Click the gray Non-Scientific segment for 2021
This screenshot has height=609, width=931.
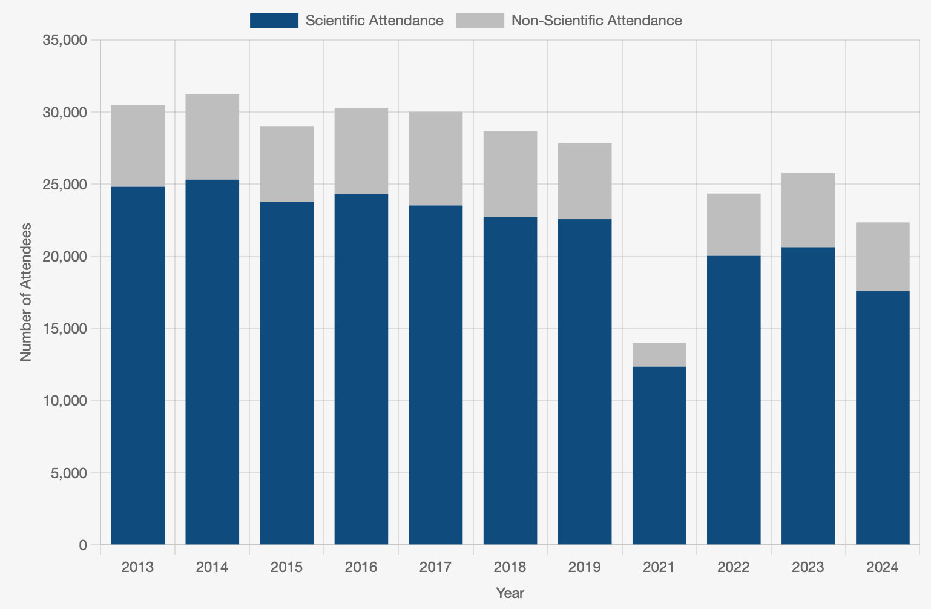(659, 355)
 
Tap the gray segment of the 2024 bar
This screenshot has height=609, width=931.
(883, 257)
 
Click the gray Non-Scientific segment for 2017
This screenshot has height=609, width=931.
(436, 159)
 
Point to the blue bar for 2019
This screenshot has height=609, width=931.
(585, 381)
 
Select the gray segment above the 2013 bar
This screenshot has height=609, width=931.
(138, 146)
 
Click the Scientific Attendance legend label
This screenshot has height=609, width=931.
(374, 21)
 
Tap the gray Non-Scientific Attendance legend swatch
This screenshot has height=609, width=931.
(480, 21)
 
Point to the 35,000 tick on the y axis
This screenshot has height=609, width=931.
(65, 41)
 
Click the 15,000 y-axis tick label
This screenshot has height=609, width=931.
(65, 329)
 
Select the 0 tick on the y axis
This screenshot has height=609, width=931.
(82, 545)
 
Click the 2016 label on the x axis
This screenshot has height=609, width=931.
(361, 567)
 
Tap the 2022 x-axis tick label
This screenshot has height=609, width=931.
(734, 567)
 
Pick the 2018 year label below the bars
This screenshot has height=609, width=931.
(510, 567)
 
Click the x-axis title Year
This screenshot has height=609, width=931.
(510, 593)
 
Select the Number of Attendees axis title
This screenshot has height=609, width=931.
(26, 292)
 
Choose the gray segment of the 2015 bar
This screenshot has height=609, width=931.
(287, 163)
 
